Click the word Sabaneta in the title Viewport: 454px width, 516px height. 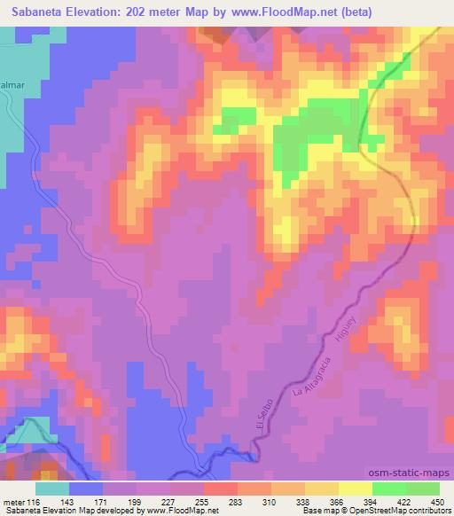36,12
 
